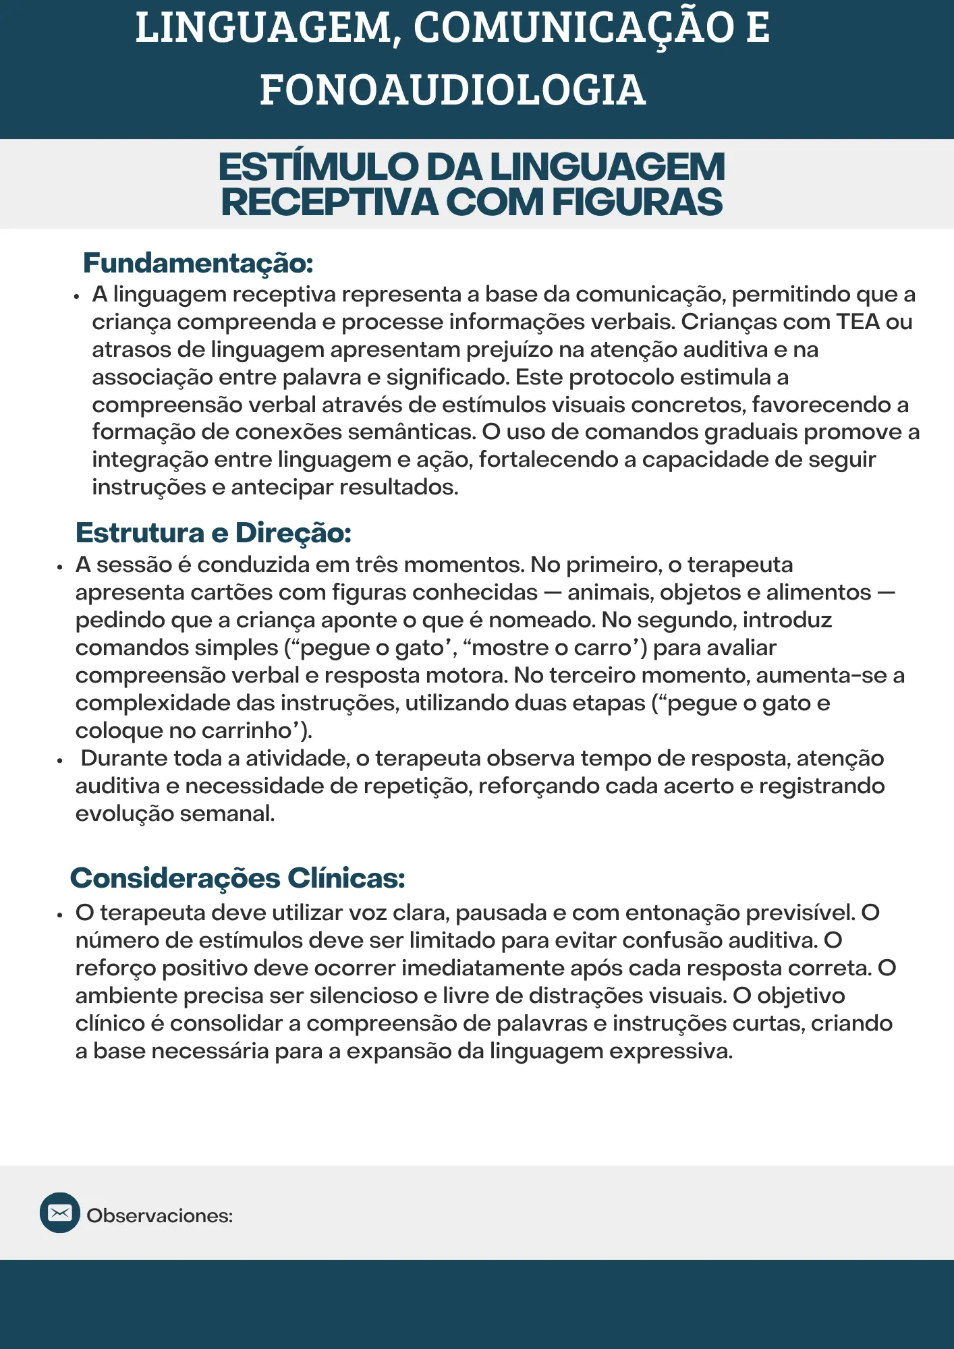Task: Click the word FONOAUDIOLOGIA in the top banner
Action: coord(453,90)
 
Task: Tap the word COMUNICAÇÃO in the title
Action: coord(573,28)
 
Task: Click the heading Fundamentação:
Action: coord(198,263)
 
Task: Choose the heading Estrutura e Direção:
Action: coord(213,533)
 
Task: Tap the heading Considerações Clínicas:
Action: coord(237,878)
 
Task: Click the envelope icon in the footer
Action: coord(60,1213)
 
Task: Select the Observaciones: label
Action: coord(160,1215)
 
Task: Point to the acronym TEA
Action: coord(858,322)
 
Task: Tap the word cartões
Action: coord(232,592)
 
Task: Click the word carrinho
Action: coord(246,730)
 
